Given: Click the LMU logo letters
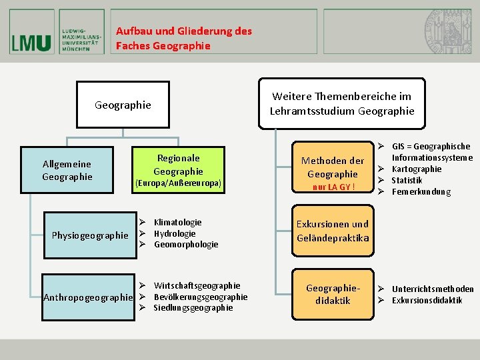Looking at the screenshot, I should point(31,43).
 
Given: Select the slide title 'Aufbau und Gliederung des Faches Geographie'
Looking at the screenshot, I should point(183,38).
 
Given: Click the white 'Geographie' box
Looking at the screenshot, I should point(123,105).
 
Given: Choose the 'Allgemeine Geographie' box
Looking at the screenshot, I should point(67,170).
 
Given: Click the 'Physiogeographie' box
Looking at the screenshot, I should point(90,235).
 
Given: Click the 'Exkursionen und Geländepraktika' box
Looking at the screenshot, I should point(333,231).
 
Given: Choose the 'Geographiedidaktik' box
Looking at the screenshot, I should point(333,294).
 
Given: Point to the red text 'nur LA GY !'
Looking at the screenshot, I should point(333,187).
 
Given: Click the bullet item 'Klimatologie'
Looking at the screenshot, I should point(177,222).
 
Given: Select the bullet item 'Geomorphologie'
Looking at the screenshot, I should point(186,245).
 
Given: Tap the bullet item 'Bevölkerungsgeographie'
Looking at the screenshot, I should point(200,297).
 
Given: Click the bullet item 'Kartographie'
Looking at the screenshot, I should point(417,169).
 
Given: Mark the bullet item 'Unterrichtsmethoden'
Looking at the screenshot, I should point(433,289).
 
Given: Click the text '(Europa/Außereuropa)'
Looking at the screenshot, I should point(178,183).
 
